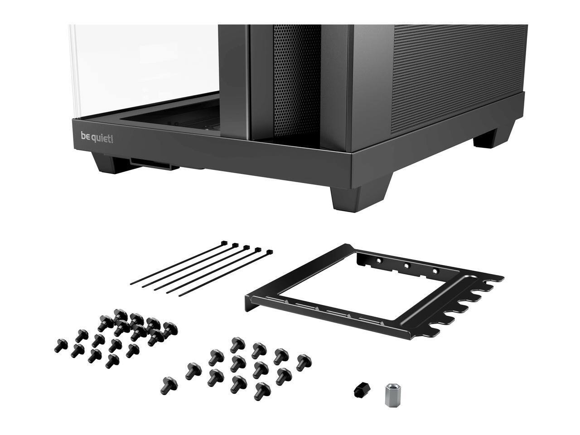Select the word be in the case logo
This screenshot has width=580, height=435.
click(85, 136)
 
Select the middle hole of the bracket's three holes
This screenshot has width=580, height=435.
click(407, 266)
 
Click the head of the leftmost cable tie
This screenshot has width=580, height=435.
click(224, 242)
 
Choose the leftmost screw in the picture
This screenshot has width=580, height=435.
click(61, 345)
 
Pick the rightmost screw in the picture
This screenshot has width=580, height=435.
click(304, 362)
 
